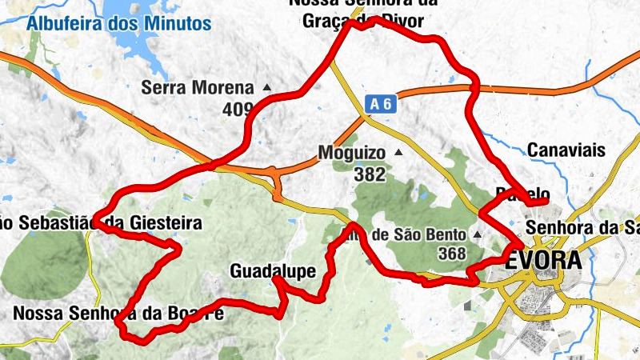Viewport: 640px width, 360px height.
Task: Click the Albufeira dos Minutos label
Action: [x=118, y=22]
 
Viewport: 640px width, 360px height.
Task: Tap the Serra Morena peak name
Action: [x=197, y=88]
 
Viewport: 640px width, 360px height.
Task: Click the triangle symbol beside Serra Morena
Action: [x=266, y=87]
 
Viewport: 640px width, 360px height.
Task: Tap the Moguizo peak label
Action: [x=351, y=152]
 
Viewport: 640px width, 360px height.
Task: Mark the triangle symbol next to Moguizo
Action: [x=398, y=151]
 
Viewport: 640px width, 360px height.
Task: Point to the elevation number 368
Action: [x=453, y=254]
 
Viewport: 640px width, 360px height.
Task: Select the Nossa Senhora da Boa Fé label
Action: [x=118, y=314]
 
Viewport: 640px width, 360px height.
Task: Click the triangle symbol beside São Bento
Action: [x=478, y=234]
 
